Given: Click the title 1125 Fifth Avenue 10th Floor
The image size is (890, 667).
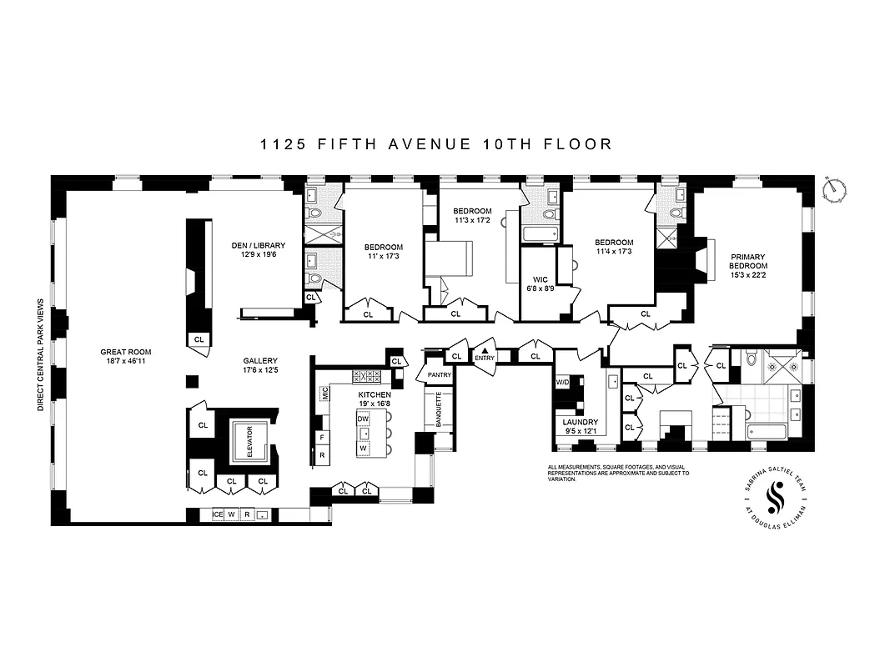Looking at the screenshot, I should coord(435,144).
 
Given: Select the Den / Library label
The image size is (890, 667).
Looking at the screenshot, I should coord(258,245).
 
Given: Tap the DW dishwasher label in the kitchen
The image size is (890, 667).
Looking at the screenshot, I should coord(363,419).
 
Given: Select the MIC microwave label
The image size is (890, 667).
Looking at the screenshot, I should coord(324,395).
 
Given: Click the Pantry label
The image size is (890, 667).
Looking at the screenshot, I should coord(439,375).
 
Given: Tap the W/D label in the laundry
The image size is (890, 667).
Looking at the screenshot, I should coord(563,383).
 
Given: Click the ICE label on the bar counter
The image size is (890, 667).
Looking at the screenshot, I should coord(217,514).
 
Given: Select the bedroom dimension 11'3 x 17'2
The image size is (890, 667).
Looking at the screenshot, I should coord(472,221).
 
